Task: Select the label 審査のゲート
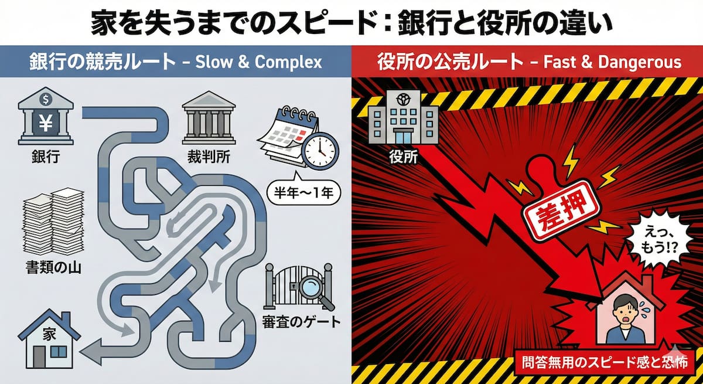[299, 321]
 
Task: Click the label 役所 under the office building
[402, 157]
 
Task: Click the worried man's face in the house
[621, 314]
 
